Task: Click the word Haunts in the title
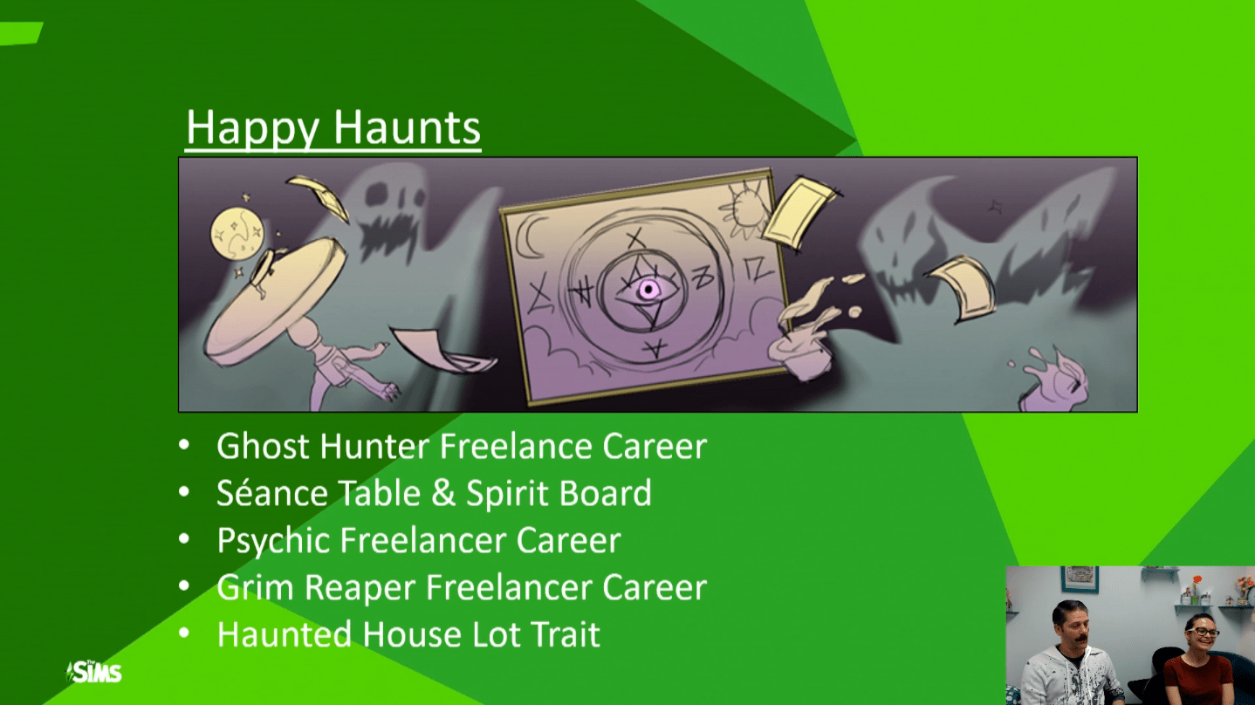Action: click(408, 127)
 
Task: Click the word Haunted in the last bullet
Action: click(284, 634)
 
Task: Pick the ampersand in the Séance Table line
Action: click(443, 493)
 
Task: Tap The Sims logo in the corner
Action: click(93, 671)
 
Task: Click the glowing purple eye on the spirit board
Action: click(648, 290)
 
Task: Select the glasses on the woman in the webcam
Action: click(1202, 633)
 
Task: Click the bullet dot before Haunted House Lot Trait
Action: click(184, 633)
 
